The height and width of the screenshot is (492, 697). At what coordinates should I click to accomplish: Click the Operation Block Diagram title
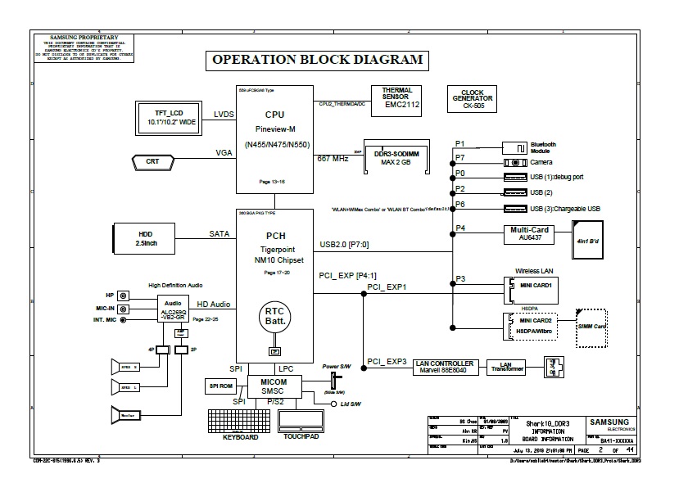[318, 60]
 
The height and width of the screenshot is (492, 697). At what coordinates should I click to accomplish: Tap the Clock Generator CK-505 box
[473, 100]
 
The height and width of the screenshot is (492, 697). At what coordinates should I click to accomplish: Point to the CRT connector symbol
[153, 161]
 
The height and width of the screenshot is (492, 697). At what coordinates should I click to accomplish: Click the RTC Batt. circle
[274, 318]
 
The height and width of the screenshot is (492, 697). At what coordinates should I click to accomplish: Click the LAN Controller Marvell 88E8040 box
[444, 367]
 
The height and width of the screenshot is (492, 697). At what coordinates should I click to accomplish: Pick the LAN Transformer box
[506, 367]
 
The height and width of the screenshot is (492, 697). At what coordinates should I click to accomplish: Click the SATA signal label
[219, 233]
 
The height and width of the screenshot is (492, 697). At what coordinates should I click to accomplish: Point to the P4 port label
[460, 228]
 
